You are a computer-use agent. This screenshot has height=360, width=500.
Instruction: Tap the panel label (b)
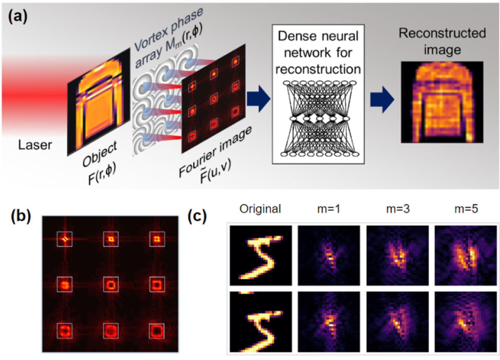coord(21,216)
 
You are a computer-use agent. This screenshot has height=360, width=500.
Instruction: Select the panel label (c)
coord(197,216)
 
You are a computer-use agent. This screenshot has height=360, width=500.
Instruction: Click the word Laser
coord(35,145)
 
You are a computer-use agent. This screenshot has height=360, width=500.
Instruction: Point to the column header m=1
coord(329,209)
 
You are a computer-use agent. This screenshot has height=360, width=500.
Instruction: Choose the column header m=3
coord(398,209)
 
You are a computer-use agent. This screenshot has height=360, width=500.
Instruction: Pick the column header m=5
coord(466,209)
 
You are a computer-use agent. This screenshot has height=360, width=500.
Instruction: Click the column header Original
coord(260,209)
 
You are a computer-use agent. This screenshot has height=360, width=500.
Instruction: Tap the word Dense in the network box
coord(292,36)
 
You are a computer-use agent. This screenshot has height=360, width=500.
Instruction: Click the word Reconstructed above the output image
coord(442,33)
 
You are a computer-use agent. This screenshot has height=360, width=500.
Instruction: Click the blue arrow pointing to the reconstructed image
coord(382,100)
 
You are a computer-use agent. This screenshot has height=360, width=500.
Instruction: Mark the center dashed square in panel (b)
coord(111,285)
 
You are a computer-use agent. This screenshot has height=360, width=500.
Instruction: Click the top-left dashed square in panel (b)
coord(65,239)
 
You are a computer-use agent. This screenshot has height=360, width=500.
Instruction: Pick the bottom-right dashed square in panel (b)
coord(157,331)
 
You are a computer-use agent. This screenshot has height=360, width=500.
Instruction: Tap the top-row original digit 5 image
coord(261,255)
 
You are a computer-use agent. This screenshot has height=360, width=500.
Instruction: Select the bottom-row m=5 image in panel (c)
coord(466,322)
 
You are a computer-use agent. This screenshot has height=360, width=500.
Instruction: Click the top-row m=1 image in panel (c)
coord(329,255)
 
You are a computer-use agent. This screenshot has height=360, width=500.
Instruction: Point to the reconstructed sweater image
coord(442,102)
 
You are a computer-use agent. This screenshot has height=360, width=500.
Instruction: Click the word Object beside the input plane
coord(100,154)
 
